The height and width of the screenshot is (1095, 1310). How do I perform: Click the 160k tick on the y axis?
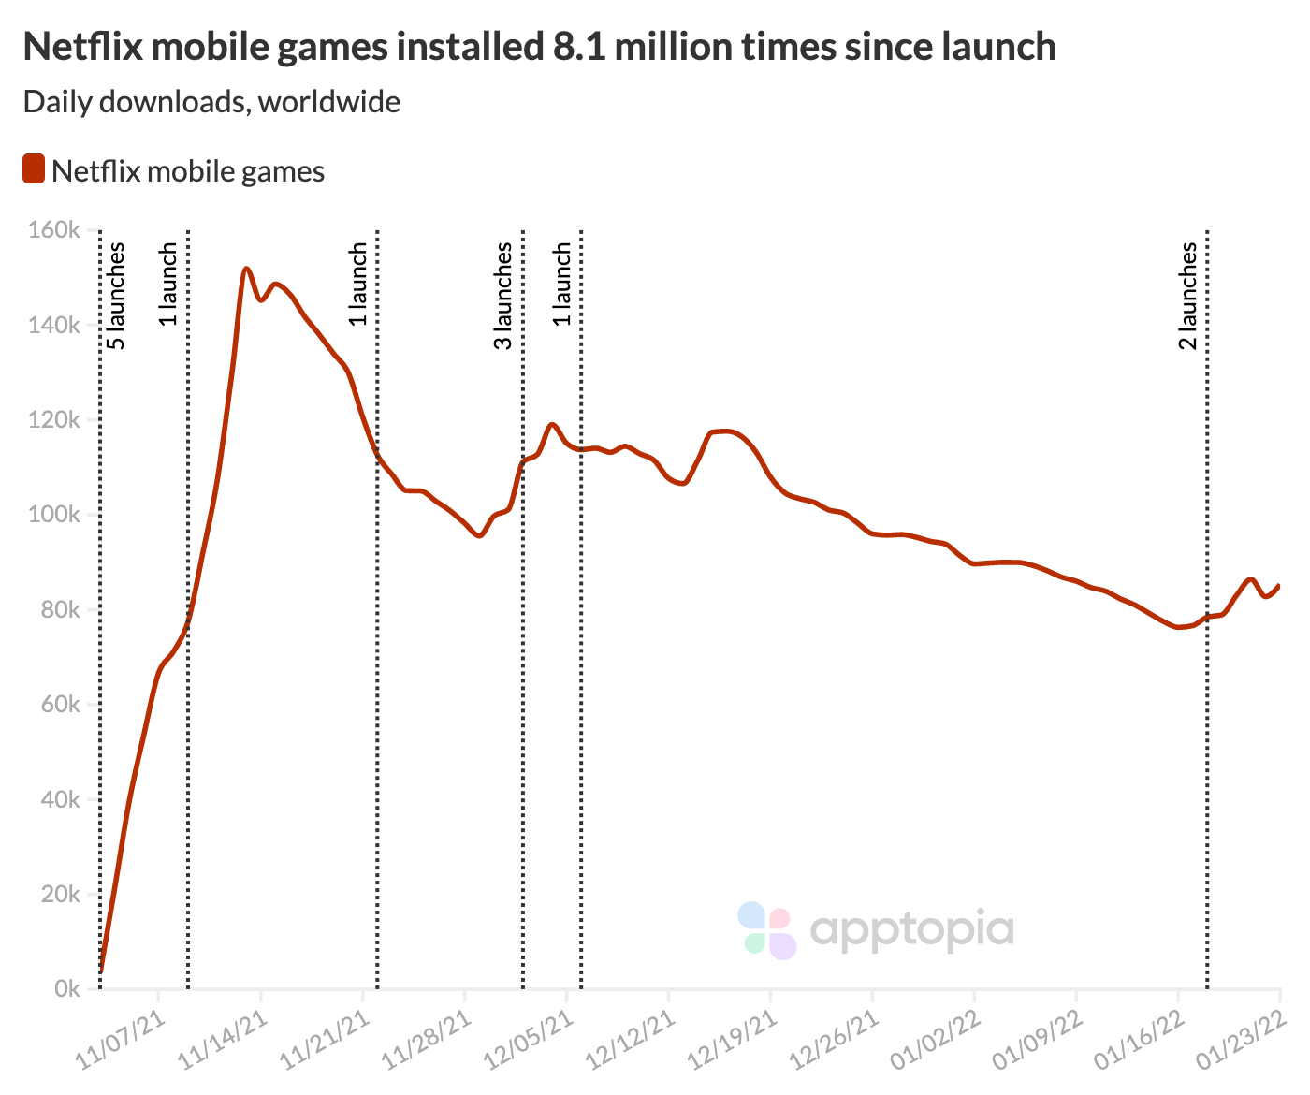click(x=54, y=230)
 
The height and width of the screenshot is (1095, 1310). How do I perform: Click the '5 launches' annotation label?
click(x=116, y=296)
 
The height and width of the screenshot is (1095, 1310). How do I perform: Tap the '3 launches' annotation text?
click(x=503, y=296)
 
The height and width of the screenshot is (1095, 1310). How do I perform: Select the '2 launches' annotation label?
click(x=1187, y=296)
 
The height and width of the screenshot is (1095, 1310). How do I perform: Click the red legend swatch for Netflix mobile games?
click(x=34, y=170)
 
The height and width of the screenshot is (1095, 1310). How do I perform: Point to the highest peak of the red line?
click(x=246, y=269)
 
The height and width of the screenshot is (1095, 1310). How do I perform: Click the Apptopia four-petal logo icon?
click(x=766, y=930)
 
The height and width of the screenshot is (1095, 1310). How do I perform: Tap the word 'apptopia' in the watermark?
click(x=911, y=929)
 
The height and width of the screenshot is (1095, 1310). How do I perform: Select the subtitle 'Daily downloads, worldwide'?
click(x=211, y=101)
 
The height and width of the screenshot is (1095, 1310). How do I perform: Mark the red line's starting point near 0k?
click(x=100, y=971)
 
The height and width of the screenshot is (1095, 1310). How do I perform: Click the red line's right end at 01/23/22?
click(x=1279, y=585)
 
